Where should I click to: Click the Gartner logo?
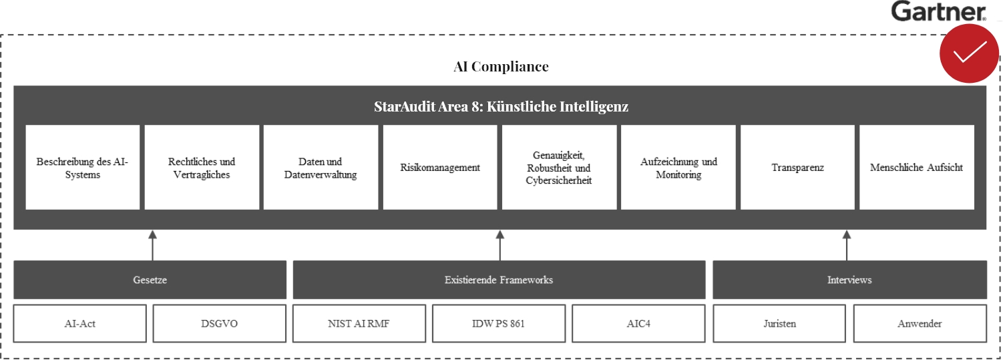coord(938,11)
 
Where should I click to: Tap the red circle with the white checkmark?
coord(969,53)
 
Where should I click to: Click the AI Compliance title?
coord(501,67)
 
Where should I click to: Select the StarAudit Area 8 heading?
coord(501,107)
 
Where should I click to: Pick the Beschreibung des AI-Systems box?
coord(82,168)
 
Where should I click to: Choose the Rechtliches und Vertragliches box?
coord(202,168)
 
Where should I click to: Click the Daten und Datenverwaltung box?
coord(321,168)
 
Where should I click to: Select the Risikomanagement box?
coord(439,168)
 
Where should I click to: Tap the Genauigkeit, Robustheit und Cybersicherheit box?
coord(559,168)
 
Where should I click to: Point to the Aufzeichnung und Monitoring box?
coord(678,168)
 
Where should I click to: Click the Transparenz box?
coord(797,168)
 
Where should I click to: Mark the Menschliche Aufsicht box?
coord(917,168)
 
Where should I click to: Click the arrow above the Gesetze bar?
coord(153,245)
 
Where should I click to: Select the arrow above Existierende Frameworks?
coord(500,245)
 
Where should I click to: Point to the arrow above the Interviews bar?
coord(847,245)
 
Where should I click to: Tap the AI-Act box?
coord(79,324)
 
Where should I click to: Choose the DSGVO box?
coord(220,324)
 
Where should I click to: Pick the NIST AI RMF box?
coord(359,324)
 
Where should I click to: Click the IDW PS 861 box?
coord(499,324)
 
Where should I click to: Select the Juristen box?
coord(779,324)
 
